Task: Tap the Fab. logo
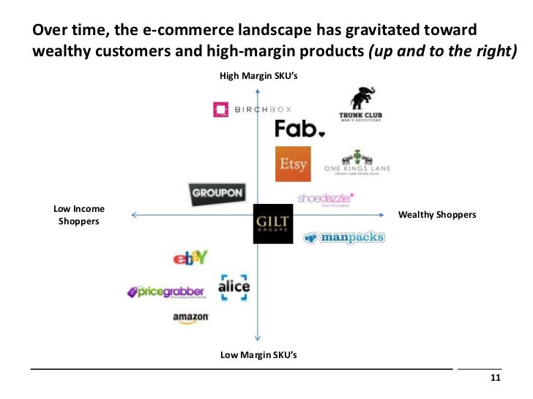299,129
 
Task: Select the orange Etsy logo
293,164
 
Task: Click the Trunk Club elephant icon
362,98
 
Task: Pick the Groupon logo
216,194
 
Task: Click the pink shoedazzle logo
326,197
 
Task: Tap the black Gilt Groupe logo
272,223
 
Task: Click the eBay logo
190,257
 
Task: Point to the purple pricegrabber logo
165,292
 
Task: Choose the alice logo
234,286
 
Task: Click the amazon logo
191,318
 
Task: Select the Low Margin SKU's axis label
258,355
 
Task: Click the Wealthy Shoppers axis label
436,215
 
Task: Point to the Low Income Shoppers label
79,215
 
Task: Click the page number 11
495,378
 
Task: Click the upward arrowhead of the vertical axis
258,91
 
